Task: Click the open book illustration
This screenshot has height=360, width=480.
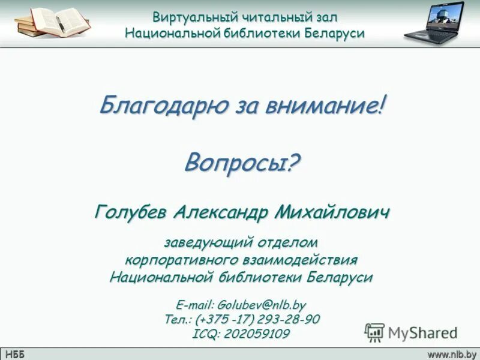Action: pos(53,22)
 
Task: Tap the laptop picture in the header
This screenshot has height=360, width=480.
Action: pos(435,24)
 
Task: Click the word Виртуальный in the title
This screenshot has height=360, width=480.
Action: pos(189,17)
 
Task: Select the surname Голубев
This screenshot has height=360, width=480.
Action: pos(130,211)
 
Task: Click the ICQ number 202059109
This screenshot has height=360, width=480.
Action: pos(256,334)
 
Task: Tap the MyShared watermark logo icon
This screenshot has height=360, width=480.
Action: pos(374,332)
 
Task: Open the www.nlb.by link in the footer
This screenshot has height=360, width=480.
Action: pos(451,354)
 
